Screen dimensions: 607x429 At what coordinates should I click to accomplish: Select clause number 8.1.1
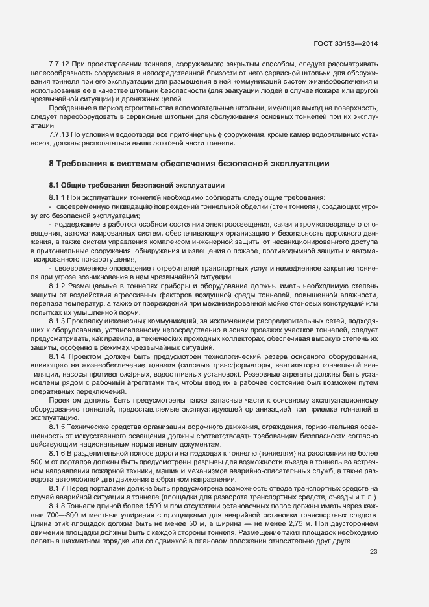(x=57, y=197)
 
